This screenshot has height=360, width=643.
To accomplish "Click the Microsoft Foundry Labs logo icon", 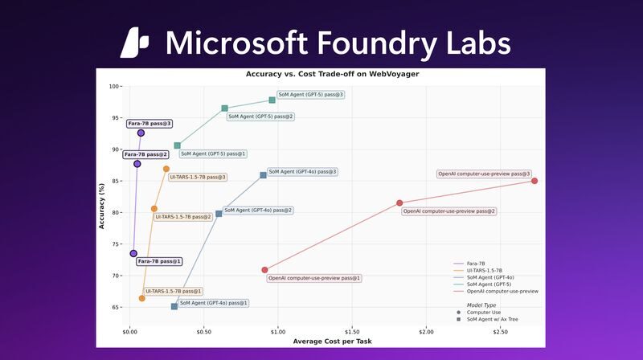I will (135, 43).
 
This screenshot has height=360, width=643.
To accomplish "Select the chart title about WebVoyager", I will (321, 74).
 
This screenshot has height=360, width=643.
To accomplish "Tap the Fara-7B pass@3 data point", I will (141, 133).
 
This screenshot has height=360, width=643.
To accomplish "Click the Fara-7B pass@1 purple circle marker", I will (133, 253).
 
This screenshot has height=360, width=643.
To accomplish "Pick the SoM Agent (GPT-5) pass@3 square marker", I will (272, 100).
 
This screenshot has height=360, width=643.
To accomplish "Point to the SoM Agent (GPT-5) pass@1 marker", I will (178, 145).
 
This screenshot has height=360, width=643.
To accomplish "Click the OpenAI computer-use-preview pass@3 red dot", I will (534, 181).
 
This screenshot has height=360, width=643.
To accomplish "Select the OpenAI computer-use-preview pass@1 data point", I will (264, 270).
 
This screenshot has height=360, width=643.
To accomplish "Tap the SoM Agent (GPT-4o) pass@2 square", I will (219, 213).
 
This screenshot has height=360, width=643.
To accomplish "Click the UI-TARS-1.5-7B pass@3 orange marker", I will (166, 169).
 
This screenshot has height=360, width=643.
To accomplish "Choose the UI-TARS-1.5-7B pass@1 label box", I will (173, 291).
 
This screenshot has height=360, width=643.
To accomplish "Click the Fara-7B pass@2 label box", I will (145, 154).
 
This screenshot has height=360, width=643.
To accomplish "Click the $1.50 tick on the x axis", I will (352, 331).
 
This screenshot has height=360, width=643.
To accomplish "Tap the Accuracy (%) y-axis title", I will (102, 204).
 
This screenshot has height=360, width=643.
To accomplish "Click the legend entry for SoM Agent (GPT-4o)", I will (490, 277).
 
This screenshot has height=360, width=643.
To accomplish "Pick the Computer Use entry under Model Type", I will (484, 312).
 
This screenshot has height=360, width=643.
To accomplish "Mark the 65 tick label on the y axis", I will (116, 307).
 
